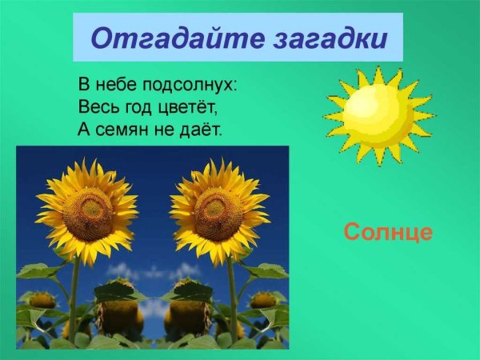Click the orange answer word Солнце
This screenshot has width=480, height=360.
click(388, 233)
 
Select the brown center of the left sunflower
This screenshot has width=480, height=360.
click(88, 214)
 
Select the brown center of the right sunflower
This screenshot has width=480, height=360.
click(218, 214)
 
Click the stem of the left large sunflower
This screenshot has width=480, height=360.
click(74, 296)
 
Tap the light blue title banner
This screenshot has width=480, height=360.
click(238, 38)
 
